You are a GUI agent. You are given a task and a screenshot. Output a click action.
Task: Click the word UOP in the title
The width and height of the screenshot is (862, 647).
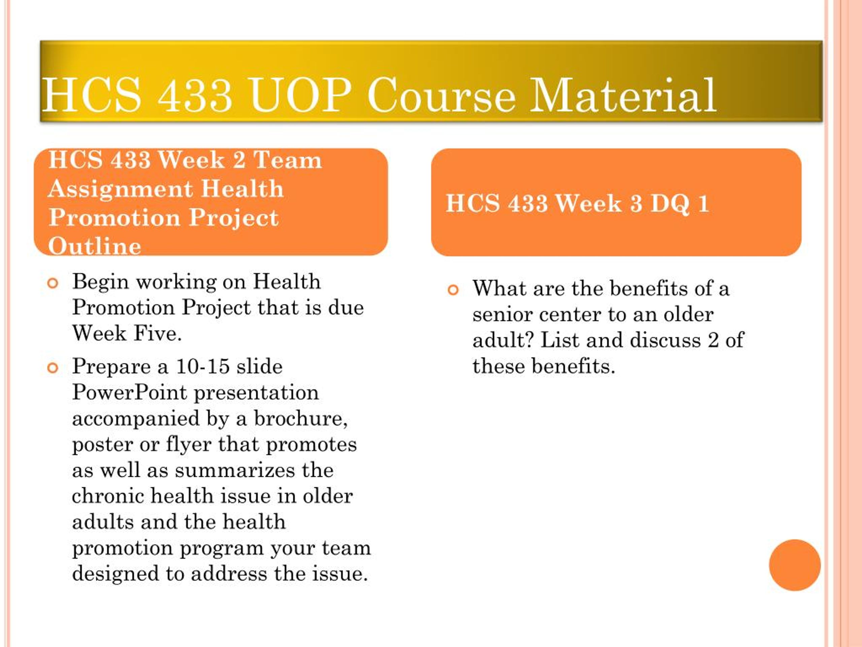pos(300,95)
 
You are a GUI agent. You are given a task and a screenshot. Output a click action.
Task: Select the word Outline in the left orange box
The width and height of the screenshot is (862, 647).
pos(95,246)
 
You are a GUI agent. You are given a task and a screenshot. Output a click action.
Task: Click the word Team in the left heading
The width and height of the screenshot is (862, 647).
pos(288,160)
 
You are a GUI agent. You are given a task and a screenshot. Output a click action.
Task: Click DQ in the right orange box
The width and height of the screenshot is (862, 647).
pos(670,204)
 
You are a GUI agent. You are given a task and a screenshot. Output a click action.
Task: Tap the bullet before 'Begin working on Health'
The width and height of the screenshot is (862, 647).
pos(53,283)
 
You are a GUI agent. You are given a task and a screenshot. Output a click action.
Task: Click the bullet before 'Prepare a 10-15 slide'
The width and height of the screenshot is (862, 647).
pos(53,368)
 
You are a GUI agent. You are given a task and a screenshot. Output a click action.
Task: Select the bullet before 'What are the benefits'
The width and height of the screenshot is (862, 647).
pos(453,290)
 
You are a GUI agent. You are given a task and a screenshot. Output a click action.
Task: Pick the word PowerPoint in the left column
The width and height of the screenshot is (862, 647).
pos(129,393)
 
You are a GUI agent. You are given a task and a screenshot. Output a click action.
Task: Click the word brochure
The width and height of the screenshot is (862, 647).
pos(300,419)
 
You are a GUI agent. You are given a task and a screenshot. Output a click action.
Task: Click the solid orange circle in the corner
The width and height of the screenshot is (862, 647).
pos(795,565)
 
